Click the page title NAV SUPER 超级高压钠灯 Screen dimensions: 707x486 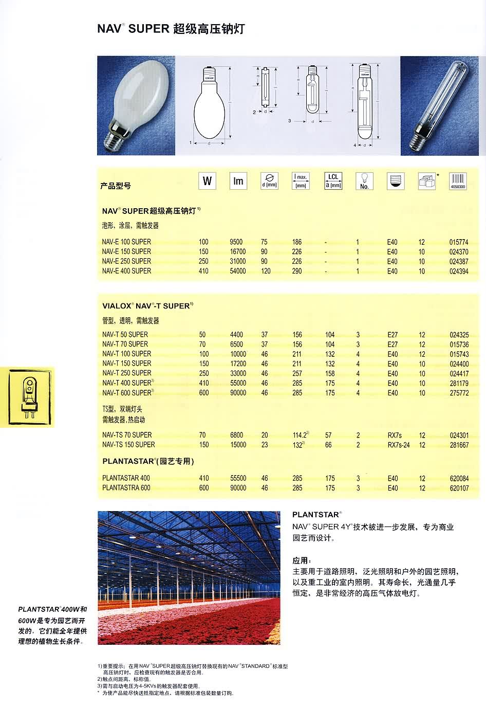pyautogui.click(x=171, y=29)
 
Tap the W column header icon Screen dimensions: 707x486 pyautogui.click(x=207, y=181)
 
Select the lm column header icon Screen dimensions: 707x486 pyautogui.click(x=238, y=181)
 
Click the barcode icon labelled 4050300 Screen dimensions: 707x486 pyautogui.click(x=457, y=181)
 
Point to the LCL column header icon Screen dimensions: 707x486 pyautogui.click(x=333, y=181)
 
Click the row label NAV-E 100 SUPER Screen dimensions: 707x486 pyautogui.click(x=126, y=242)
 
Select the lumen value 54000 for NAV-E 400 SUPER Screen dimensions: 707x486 pyautogui.click(x=237, y=271)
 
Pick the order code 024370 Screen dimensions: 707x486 pyautogui.click(x=459, y=251)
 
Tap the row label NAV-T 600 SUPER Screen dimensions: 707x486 pyautogui.click(x=127, y=393)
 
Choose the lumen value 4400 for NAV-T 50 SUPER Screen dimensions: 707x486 pyautogui.click(x=236, y=335)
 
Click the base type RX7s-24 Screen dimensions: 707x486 pyautogui.click(x=399, y=445)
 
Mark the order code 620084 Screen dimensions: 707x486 pyautogui.click(x=459, y=478)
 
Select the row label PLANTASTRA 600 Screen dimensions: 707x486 pyautogui.click(x=126, y=488)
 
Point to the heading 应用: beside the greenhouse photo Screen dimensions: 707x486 pyautogui.click(x=302, y=560)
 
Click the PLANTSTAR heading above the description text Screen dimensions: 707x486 pyautogui.click(x=316, y=515)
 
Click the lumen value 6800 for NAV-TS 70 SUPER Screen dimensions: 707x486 pyautogui.click(x=237, y=435)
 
